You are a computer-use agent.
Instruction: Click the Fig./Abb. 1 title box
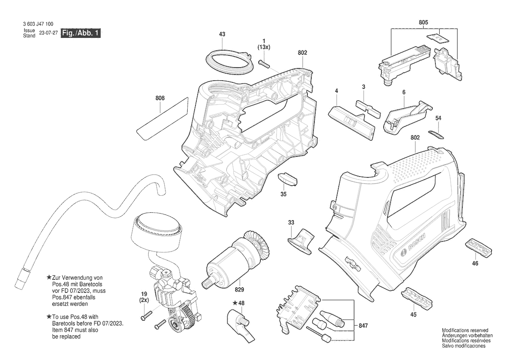point(81,33)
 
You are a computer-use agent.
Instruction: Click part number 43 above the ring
point(222,34)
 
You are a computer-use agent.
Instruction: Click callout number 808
point(160,98)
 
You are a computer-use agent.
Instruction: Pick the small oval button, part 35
point(288,179)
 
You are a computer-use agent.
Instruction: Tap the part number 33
point(291,223)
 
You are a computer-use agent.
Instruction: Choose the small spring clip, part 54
point(436,133)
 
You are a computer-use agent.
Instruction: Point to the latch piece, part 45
point(417,297)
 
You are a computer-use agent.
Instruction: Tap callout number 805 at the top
point(423,22)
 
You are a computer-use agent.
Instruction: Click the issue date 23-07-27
point(48,33)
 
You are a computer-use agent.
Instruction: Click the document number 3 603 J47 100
point(39,24)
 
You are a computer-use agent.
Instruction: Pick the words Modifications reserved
point(465,330)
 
